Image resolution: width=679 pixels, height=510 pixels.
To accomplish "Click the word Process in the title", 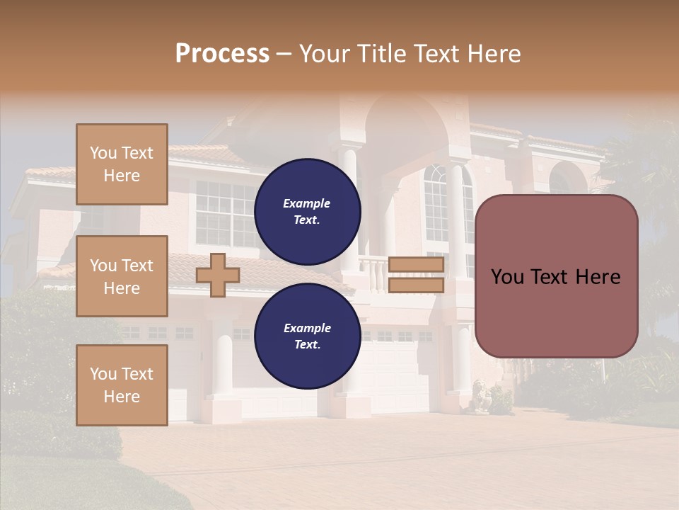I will pyautogui.click(x=222, y=54).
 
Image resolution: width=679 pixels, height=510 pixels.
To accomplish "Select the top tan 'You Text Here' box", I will pyautogui.click(x=122, y=164).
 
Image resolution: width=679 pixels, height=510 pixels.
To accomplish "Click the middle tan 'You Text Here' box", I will pyautogui.click(x=122, y=276).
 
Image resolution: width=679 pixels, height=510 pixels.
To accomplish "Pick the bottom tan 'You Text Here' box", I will pyautogui.click(x=122, y=385).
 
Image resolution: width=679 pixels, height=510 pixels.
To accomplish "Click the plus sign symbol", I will pyautogui.click(x=218, y=275).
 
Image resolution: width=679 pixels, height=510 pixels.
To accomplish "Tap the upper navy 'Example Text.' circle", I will pyautogui.click(x=307, y=211).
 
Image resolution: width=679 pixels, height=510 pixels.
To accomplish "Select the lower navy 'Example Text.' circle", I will pyautogui.click(x=307, y=336).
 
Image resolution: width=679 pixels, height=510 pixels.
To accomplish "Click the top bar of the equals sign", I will pyautogui.click(x=416, y=265).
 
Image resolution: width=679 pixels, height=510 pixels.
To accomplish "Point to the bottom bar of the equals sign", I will pyautogui.click(x=416, y=285).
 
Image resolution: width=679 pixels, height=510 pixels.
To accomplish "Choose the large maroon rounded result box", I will pyautogui.click(x=556, y=312).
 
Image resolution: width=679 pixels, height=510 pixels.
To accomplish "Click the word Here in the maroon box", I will pyautogui.click(x=598, y=277).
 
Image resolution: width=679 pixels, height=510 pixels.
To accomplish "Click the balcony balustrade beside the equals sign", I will pyautogui.click(x=373, y=275).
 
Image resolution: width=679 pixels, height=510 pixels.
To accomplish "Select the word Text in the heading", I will pyautogui.click(x=436, y=54).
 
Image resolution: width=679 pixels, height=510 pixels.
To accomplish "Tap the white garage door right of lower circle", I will pyautogui.click(x=396, y=375).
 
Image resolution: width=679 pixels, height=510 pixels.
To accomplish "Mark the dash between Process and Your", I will pyautogui.click(x=284, y=55).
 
